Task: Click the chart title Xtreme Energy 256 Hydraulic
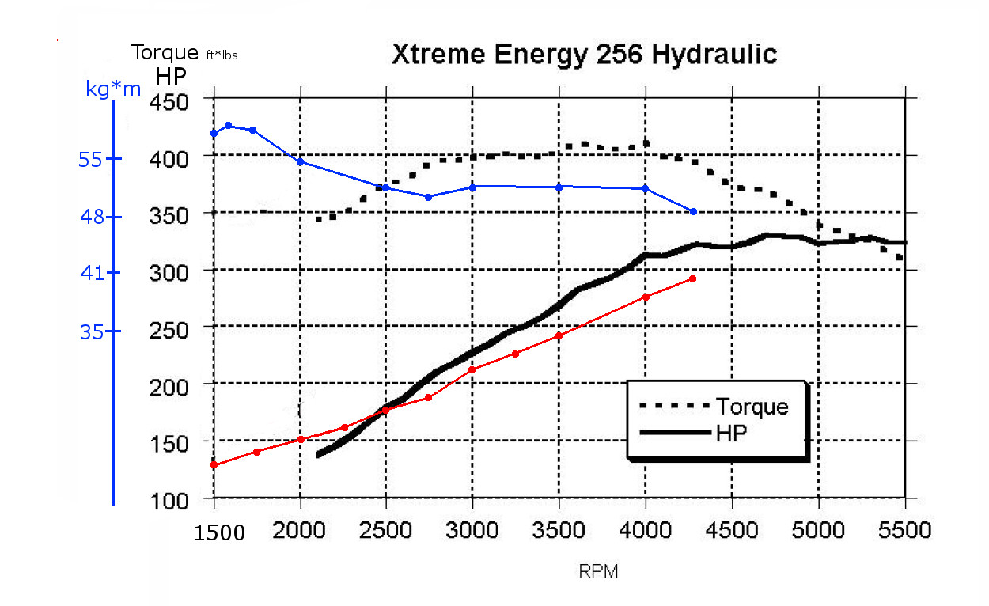585,54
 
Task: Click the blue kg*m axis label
113,89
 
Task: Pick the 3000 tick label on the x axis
473,530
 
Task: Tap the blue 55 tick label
92,159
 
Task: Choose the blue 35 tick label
92,331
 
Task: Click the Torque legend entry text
752,407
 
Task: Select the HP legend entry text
732,434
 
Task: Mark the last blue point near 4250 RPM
693,211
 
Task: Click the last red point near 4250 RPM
693,278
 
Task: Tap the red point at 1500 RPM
214,464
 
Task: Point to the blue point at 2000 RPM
301,161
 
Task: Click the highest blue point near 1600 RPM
229,125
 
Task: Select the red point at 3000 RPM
472,369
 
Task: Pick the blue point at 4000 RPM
646,188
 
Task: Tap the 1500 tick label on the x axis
219,532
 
